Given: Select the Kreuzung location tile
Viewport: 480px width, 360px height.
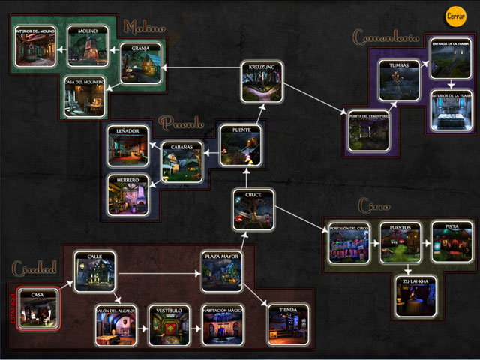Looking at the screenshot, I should click(262, 81).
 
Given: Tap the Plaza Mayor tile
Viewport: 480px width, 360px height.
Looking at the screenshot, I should click(222, 271).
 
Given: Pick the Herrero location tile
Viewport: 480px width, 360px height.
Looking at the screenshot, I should click(128, 193).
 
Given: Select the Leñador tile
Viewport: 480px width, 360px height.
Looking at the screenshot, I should click(128, 145).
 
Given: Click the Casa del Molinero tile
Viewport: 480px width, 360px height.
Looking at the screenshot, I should click(85, 95).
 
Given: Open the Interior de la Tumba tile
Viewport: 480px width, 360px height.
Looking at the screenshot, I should click(451, 110).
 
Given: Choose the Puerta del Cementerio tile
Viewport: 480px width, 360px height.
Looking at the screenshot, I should click(367, 128).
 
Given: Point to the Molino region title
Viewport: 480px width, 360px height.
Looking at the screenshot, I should click(144, 28).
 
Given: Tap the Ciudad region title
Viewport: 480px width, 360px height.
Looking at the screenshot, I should click(34, 268).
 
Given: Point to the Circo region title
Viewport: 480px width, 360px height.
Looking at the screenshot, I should click(373, 205).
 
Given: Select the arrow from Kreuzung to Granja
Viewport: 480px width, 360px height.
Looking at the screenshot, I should click(201, 67).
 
